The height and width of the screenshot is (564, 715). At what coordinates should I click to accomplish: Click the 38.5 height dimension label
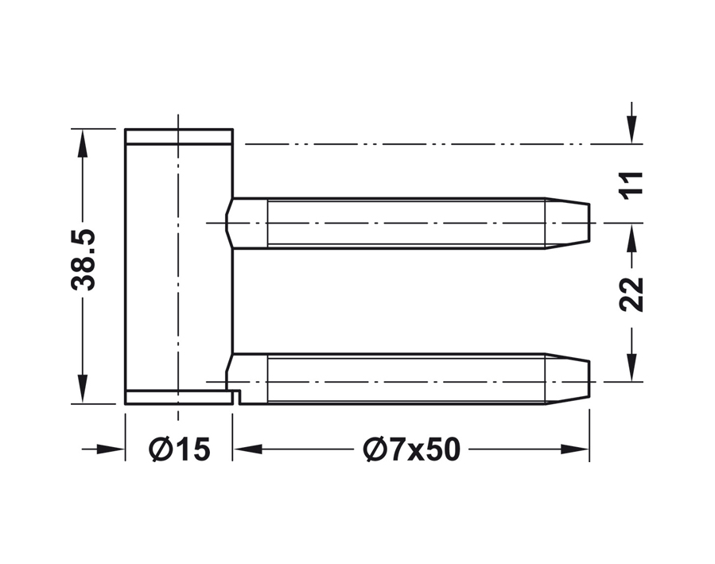[x=83, y=259]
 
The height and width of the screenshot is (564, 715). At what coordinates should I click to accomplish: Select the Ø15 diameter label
[x=180, y=450]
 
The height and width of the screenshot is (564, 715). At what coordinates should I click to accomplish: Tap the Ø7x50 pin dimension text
[x=411, y=450]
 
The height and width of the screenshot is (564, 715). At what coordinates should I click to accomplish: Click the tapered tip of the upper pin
[x=568, y=223]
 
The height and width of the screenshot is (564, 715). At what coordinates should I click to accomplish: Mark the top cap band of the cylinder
[x=179, y=136]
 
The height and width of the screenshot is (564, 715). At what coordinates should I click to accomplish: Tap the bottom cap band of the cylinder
[x=179, y=398]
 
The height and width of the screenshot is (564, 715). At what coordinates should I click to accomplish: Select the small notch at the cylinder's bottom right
[x=235, y=395]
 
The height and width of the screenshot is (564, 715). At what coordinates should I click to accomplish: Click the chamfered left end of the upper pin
[x=231, y=223]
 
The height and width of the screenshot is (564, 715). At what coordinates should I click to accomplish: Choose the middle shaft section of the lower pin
[x=406, y=379]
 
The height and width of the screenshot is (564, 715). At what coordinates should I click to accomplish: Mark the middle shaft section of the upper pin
[x=406, y=223]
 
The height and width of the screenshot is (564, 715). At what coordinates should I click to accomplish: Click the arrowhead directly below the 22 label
[x=631, y=371]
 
